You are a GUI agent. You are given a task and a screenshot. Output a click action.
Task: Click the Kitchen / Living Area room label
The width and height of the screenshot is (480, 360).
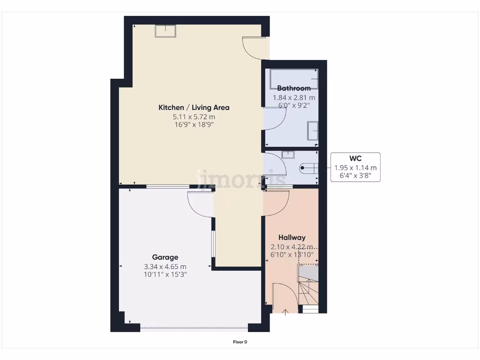pyautogui.click(x=194, y=108)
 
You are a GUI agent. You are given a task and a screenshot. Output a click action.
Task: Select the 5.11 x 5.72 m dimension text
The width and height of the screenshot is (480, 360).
pyautogui.click(x=194, y=117)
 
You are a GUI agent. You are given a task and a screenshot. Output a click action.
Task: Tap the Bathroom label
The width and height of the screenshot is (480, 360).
pyautogui.click(x=294, y=88)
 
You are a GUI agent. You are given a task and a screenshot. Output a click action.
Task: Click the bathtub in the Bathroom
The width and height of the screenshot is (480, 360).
pyautogui.click(x=294, y=79)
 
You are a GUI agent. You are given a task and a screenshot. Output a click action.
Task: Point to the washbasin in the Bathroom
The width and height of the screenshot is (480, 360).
pyautogui.click(x=313, y=131)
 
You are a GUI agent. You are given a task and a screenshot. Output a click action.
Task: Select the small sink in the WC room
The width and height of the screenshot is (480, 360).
pyautogui.click(x=289, y=155)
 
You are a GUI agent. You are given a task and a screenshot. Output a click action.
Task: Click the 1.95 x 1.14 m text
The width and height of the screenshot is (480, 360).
pyautogui.click(x=355, y=168)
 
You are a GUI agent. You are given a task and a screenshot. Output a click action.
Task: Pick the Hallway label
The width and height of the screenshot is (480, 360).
pyautogui.click(x=292, y=238)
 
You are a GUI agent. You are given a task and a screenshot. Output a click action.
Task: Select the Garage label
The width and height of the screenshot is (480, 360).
pyautogui.click(x=165, y=257)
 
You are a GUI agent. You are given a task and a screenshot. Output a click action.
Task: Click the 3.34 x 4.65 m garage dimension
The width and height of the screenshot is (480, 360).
pyautogui.click(x=165, y=267)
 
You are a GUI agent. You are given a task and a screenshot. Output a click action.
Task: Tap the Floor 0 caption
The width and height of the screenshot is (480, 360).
pyautogui.click(x=240, y=342)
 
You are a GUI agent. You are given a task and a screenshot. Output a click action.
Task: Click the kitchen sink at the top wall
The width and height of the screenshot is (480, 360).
pyautogui.click(x=166, y=30)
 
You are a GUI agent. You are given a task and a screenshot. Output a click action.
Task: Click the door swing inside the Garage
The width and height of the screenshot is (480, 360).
pyautogui.click(x=201, y=203)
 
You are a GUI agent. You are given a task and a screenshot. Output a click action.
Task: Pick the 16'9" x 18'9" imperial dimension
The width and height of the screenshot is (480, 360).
pyautogui.click(x=194, y=125)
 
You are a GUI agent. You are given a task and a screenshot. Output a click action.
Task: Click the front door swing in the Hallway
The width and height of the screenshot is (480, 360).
pyautogui.click(x=284, y=295)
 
